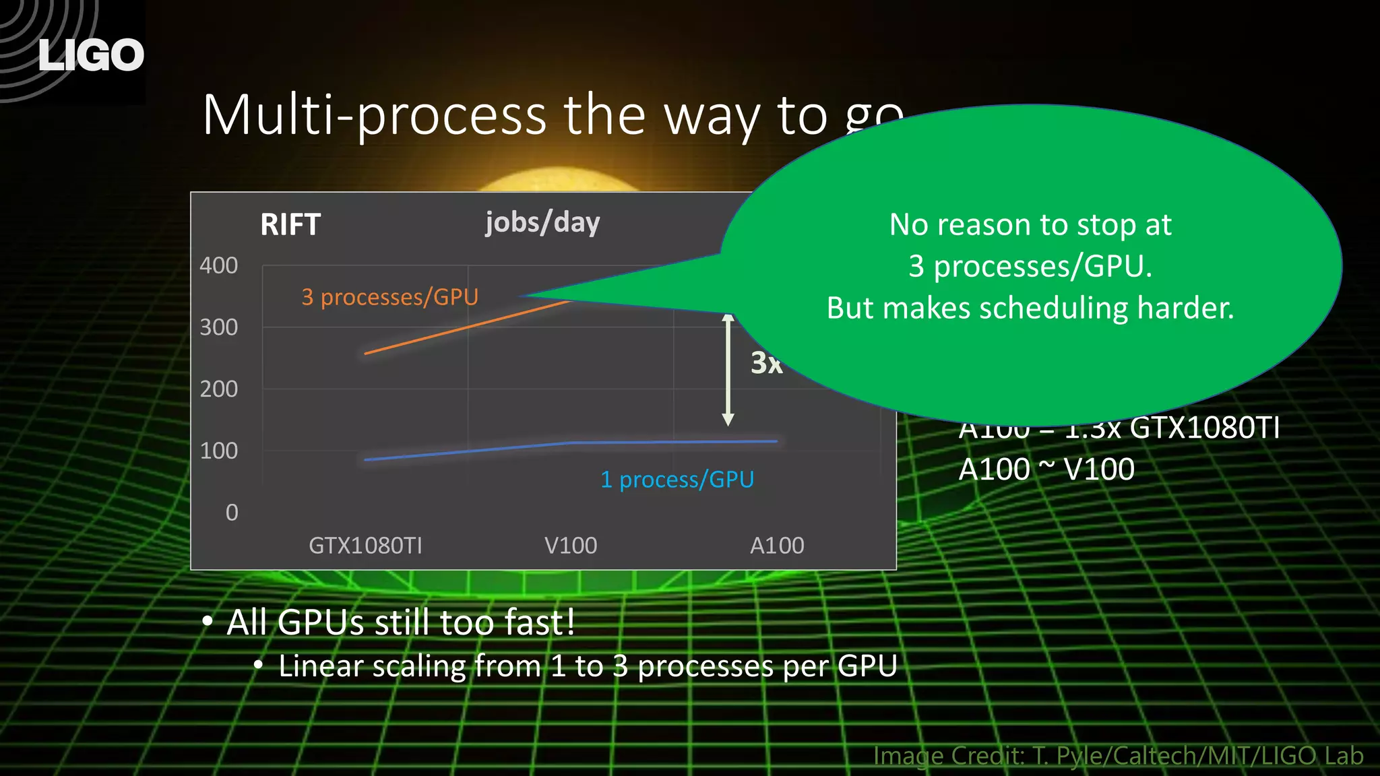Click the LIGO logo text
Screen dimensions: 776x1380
[91, 55]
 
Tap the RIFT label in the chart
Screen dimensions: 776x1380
[290, 224]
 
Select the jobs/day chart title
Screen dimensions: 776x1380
[542, 222]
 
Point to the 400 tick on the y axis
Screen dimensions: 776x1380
[218, 265]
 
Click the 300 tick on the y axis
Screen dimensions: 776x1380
[218, 327]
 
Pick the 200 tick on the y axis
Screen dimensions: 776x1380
[218, 389]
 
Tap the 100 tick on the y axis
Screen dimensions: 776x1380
[218, 451]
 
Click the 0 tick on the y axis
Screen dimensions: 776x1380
[232, 513]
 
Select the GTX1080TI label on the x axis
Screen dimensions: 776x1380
[365, 545]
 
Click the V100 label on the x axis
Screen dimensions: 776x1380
[571, 545]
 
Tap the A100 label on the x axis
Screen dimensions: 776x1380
[777, 545]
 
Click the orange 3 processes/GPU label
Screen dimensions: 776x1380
[389, 297]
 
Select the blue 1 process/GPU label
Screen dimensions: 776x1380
[677, 480]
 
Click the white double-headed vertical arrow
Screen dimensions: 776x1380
[728, 370]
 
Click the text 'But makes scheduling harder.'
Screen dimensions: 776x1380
[1030, 308]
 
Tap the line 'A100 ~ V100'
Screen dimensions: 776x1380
[1046, 470]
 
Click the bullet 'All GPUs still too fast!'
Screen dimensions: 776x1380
[400, 622]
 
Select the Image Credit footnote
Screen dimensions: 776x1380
[1118, 756]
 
